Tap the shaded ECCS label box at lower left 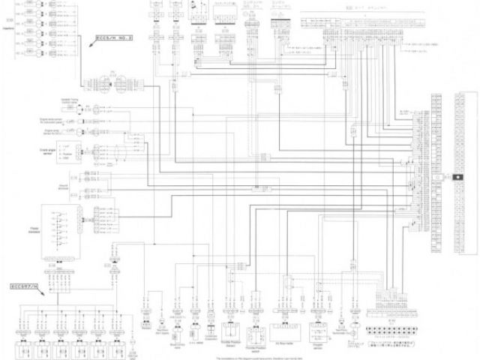[26, 286]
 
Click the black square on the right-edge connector [457, 175]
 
